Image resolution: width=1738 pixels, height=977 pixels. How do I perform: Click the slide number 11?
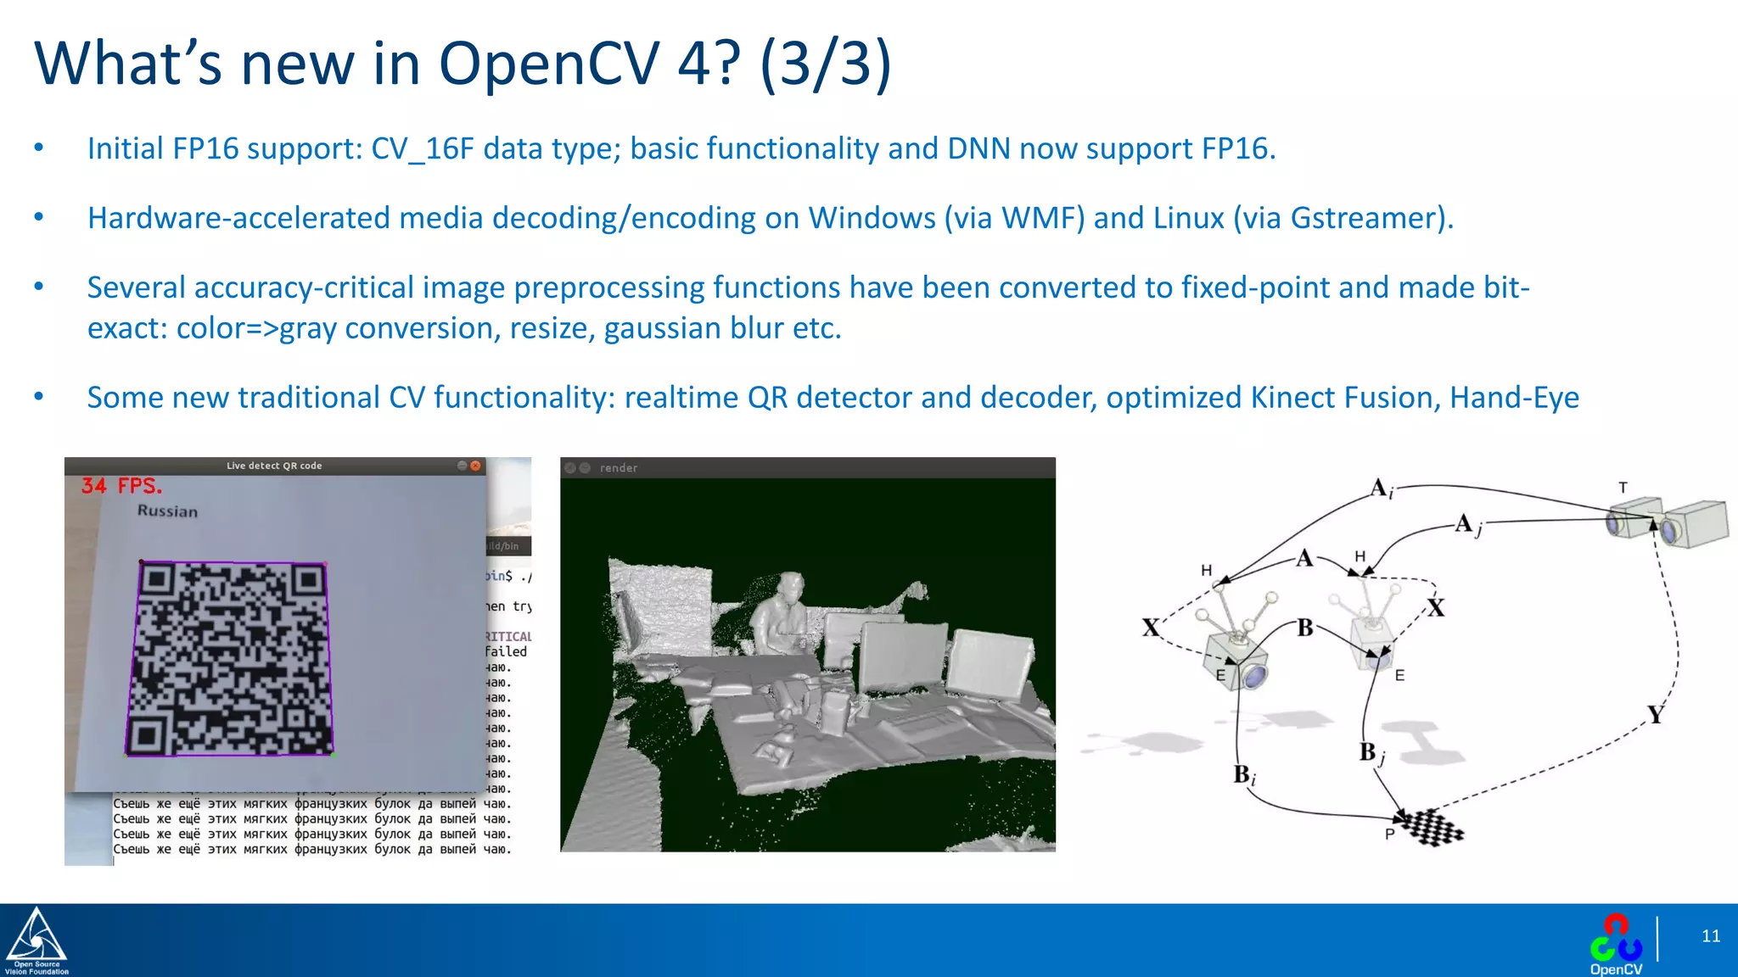coord(1710,936)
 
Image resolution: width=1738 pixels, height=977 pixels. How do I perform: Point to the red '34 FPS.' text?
coord(121,486)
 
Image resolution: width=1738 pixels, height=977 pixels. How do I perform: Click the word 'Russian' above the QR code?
coord(167,511)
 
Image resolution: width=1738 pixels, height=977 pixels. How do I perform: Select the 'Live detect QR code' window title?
coord(274,466)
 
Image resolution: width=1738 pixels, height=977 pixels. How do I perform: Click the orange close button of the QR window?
coord(476,466)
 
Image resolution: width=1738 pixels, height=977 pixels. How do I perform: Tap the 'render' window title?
coord(619,468)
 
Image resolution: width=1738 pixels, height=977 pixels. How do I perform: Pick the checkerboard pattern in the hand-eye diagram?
coord(1433,827)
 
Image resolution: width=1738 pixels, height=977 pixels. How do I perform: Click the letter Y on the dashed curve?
coord(1656,714)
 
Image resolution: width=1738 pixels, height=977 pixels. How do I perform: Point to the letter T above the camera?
coord(1623,488)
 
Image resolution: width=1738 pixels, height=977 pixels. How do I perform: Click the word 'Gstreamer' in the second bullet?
coord(1366,219)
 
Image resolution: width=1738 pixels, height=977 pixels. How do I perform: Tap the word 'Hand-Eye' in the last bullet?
coord(1514,398)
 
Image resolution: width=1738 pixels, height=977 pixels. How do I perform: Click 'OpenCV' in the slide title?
coord(549,64)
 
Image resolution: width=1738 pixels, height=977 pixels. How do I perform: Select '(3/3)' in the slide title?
coord(825,64)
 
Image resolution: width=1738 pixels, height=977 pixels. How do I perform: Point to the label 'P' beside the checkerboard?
coord(1389,835)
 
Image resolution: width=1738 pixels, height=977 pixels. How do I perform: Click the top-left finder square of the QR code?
coord(159,580)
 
